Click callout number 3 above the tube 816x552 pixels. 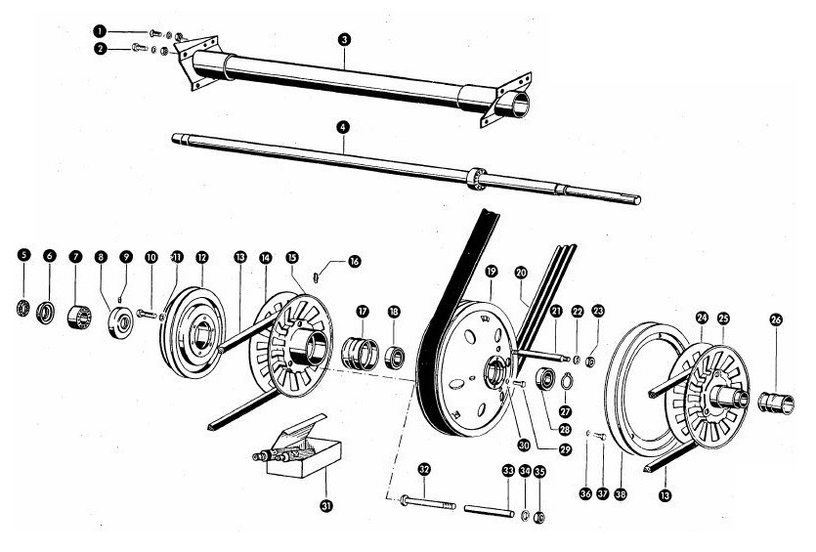pos(345,39)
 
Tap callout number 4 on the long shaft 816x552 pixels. pos(343,127)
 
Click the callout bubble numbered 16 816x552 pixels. pos(355,261)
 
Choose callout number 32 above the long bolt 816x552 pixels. pos(423,469)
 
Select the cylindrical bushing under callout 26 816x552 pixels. pos(776,401)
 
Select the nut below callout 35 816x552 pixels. pos(540,516)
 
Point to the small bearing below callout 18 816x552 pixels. pos(396,353)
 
